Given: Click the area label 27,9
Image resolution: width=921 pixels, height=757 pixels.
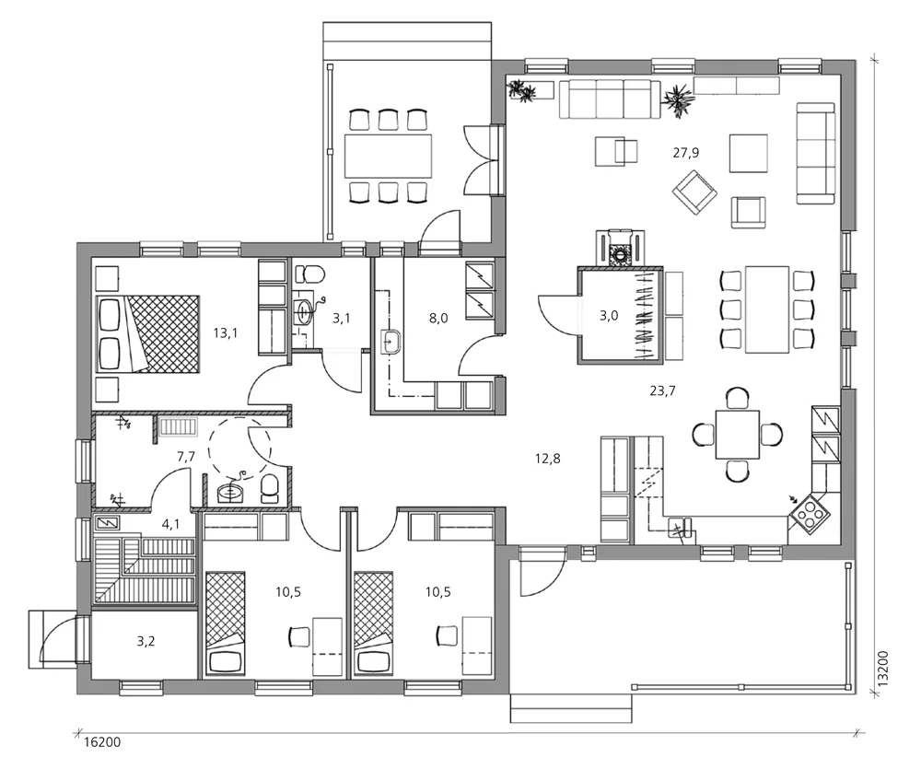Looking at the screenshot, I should tap(685, 153).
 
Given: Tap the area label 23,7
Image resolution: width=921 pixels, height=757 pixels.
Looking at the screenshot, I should tap(662, 390).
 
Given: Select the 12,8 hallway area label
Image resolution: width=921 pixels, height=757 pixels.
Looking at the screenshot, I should tap(547, 458).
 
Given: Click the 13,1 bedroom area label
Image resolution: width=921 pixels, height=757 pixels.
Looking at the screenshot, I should tap(226, 332).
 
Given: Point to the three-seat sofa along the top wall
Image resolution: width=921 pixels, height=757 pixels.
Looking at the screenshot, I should tap(610, 99).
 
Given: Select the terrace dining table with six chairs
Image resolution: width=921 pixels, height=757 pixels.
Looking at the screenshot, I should tap(388, 156).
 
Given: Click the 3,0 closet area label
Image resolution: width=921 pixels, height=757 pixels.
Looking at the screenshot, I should tap(610, 316).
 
